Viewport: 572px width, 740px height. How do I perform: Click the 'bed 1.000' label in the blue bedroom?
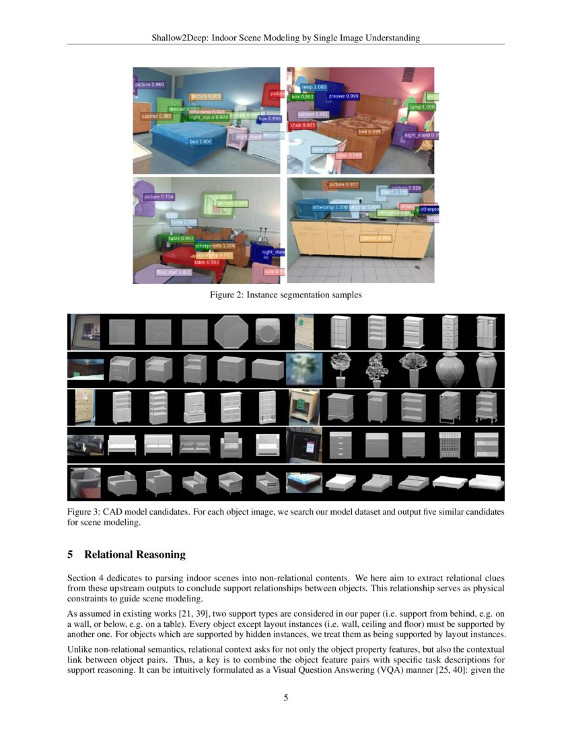coord(201,142)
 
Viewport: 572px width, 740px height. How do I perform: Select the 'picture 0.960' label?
coord(149,85)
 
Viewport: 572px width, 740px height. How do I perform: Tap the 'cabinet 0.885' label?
coord(155,116)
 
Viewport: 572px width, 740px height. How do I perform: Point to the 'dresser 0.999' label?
coord(343,96)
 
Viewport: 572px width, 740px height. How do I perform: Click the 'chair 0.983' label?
coord(303,125)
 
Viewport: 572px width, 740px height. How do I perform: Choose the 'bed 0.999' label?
coord(369,132)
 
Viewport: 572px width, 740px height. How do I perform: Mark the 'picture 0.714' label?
coord(159,196)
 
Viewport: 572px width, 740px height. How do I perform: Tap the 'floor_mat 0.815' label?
coord(174,272)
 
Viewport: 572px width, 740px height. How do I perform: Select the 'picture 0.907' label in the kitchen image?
coord(343,184)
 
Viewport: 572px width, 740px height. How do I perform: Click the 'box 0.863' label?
coord(302,97)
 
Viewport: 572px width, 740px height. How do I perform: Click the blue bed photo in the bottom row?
coord(304,484)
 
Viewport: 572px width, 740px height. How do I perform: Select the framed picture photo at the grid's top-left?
coord(84,332)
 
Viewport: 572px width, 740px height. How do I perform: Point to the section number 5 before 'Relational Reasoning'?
coord(71,555)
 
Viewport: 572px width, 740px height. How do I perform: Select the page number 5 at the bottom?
coord(286,698)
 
